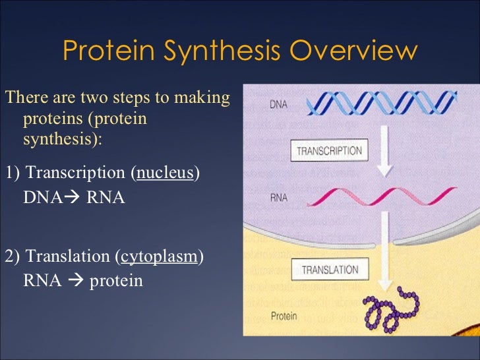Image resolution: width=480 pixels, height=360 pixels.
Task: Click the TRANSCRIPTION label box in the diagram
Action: pyautogui.click(x=329, y=150)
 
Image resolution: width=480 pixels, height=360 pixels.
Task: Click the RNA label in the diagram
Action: pyautogui.click(x=278, y=197)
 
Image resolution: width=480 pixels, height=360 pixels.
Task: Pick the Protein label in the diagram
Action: pyautogui.click(x=284, y=315)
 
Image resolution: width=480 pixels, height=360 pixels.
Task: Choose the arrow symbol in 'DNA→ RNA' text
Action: pyautogui.click(x=73, y=198)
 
